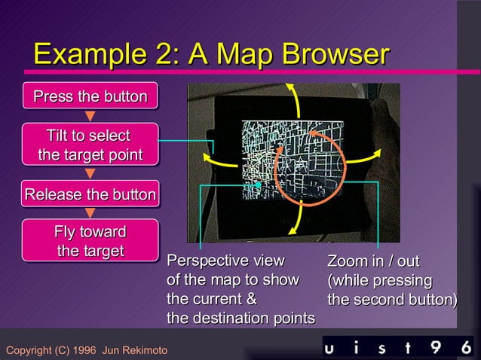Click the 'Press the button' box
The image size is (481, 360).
(90, 96)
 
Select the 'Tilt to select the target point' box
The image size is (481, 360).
(90, 145)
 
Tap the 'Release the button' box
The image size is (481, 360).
(90, 195)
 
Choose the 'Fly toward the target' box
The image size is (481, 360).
(90, 241)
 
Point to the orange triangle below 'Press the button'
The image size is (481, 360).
(90, 116)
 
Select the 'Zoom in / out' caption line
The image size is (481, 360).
(372, 261)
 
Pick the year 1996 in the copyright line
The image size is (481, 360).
(85, 351)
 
